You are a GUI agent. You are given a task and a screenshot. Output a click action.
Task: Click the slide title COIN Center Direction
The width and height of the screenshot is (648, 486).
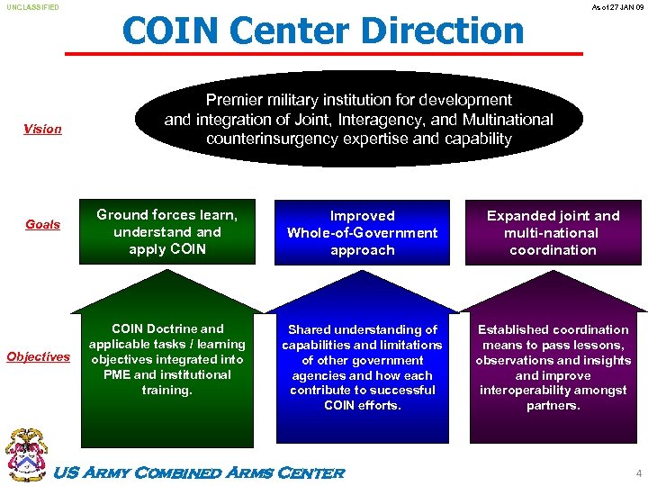tap(323, 31)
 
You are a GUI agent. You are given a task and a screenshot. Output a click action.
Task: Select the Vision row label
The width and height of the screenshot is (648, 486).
tap(42, 129)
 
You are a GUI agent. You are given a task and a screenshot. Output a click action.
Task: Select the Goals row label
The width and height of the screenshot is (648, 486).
tap(42, 224)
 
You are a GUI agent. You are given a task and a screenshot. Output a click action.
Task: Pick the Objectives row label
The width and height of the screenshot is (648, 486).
tap(38, 356)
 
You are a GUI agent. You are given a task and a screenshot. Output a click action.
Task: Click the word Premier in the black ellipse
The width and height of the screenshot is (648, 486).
tap(232, 100)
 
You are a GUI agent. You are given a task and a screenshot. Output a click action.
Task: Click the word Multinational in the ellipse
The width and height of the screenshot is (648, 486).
tap(508, 120)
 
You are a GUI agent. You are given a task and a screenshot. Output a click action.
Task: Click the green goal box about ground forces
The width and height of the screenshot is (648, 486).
tap(167, 231)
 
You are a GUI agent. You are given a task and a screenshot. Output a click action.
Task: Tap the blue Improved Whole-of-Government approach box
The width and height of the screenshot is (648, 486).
tap(362, 232)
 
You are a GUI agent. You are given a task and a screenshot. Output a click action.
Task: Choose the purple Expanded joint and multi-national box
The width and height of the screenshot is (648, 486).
tap(553, 232)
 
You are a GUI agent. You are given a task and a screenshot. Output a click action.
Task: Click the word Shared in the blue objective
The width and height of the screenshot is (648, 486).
tap(310, 329)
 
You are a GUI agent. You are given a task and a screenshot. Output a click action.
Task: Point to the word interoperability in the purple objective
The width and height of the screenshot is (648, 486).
tap(530, 391)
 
